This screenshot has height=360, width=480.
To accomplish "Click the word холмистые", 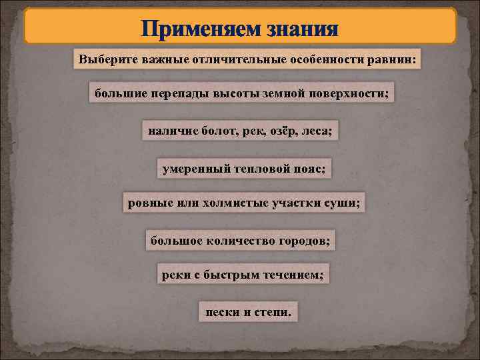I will (227, 203).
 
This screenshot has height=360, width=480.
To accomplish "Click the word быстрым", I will (230, 275).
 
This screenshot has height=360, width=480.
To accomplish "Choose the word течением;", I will (290, 275).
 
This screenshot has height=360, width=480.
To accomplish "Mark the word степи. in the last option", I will (271, 311).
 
